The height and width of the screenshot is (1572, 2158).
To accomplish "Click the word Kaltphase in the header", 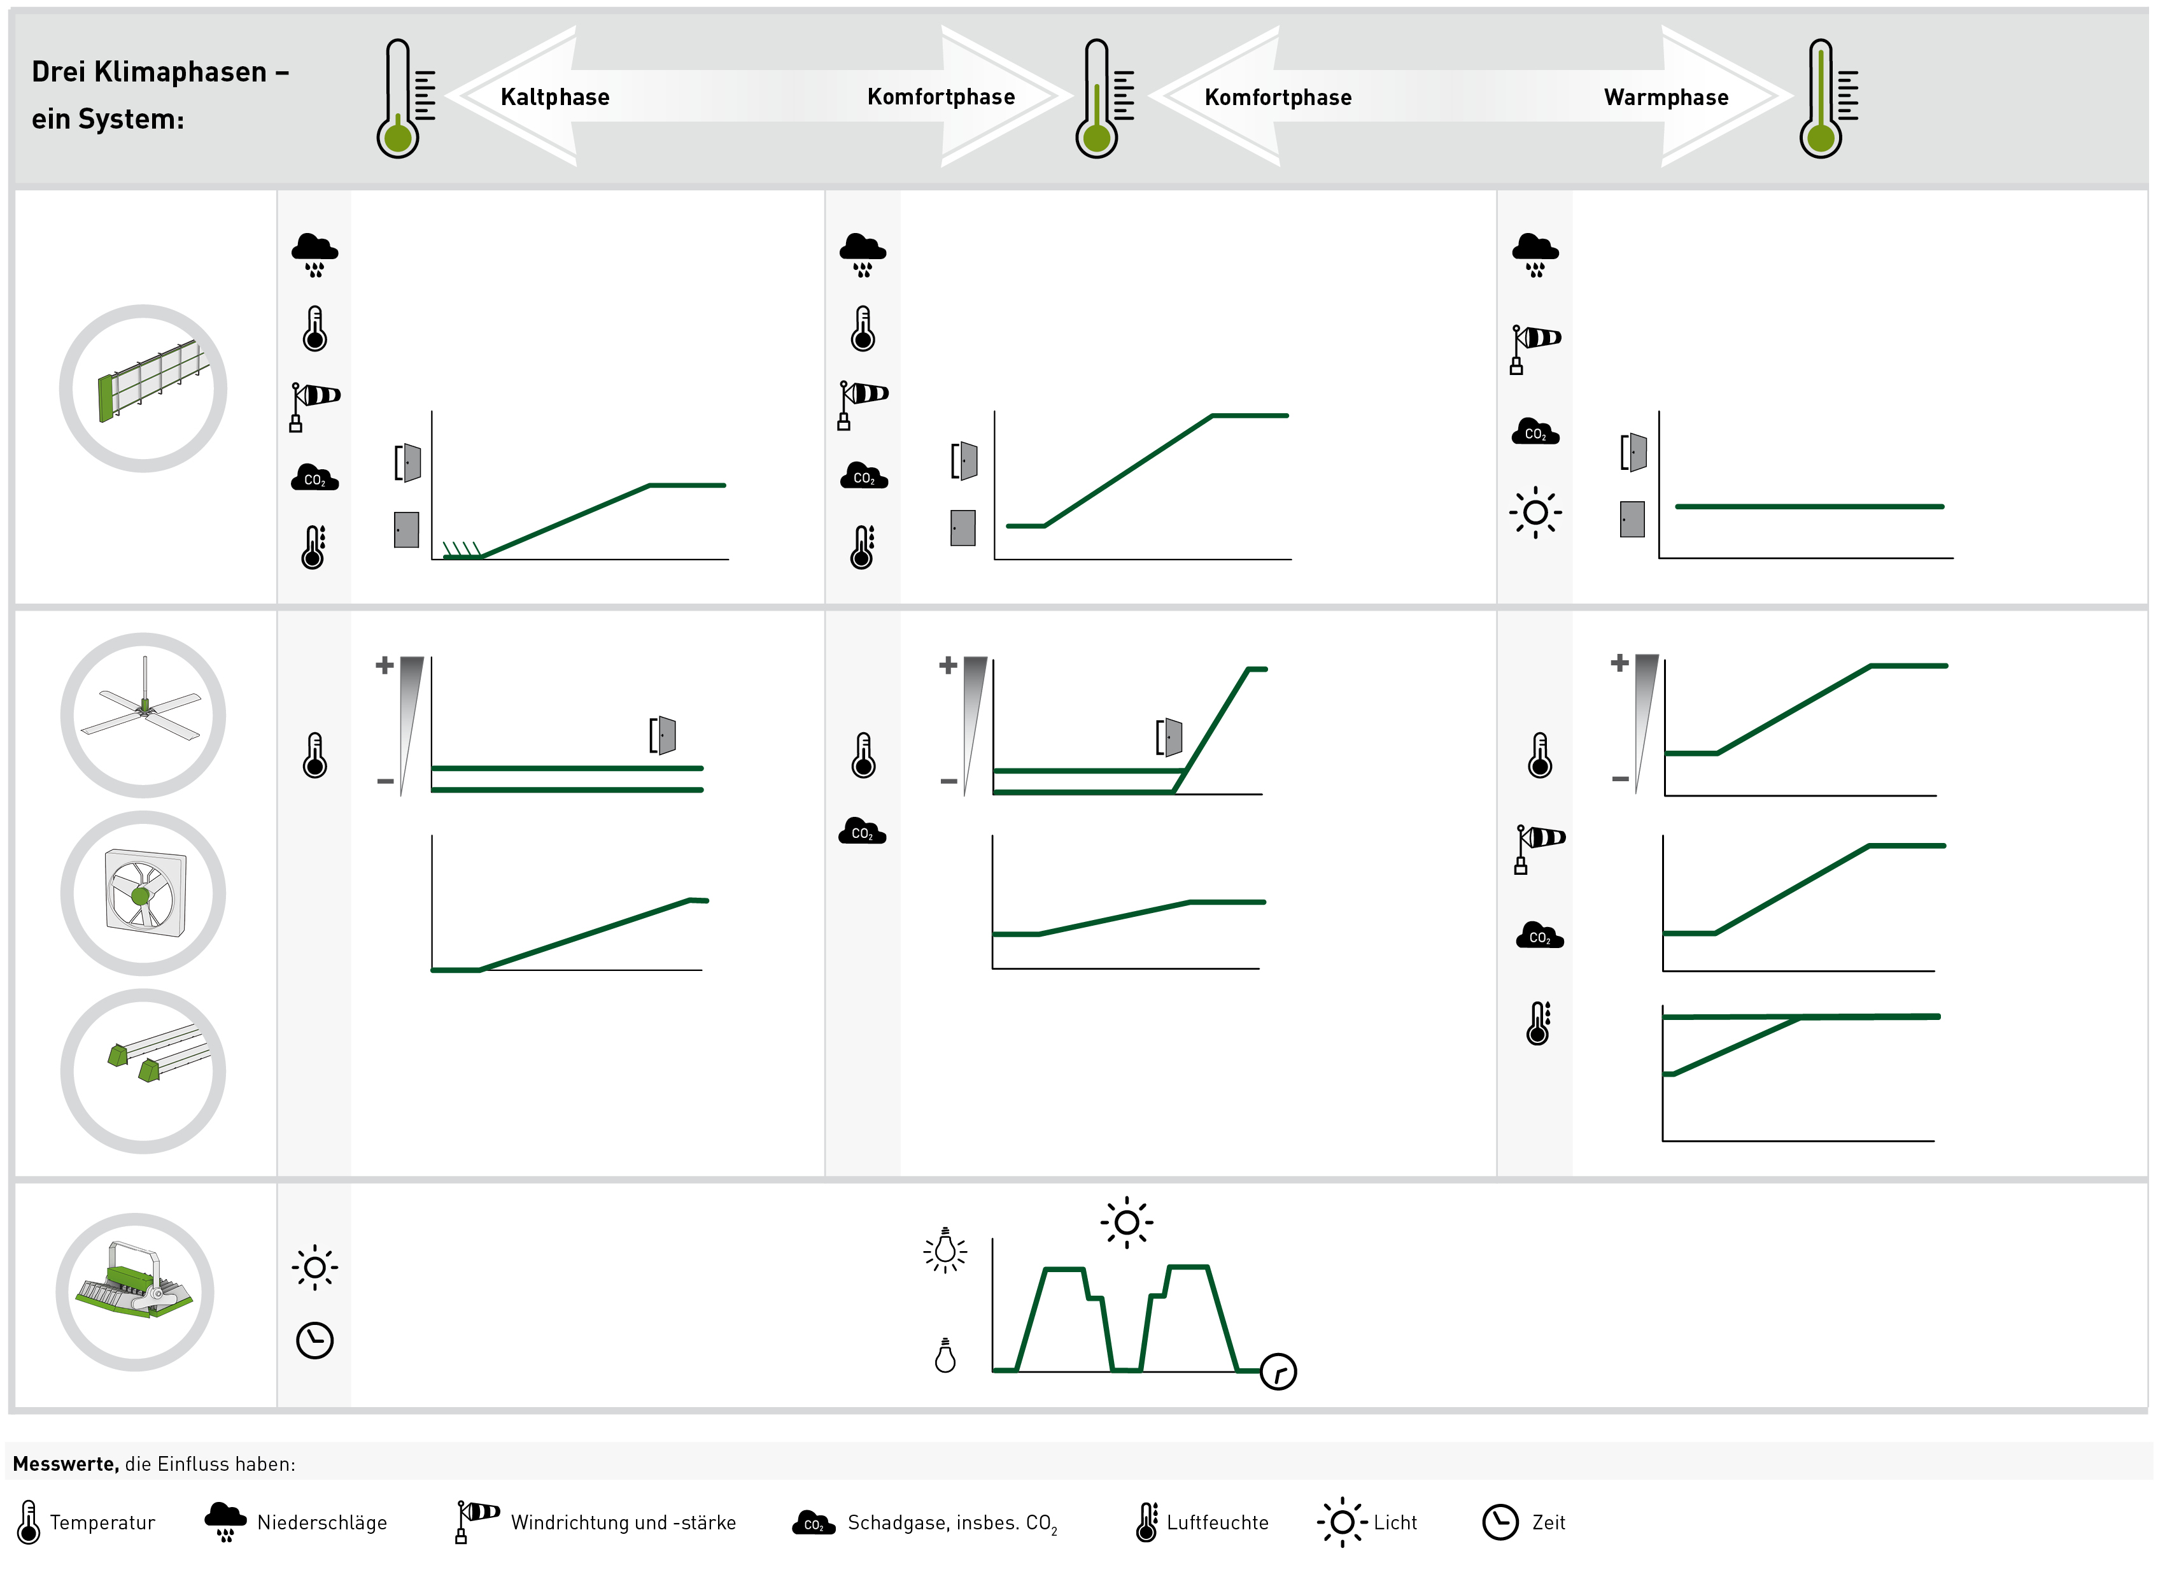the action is pyautogui.click(x=554, y=97).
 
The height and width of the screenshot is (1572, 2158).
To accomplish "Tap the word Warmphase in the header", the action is pyautogui.click(x=1666, y=97).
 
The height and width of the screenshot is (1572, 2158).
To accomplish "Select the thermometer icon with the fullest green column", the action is pyautogui.click(x=1828, y=98).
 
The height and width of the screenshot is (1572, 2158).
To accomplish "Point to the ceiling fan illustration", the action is pyautogui.click(x=143, y=714).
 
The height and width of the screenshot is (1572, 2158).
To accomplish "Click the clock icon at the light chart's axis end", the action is pyautogui.click(x=1278, y=1371).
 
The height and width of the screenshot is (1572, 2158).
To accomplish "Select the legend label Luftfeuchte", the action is pyautogui.click(x=1217, y=1522).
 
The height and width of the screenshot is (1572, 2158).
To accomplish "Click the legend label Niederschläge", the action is pyautogui.click(x=321, y=1522).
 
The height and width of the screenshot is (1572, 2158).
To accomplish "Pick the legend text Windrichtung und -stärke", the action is pyautogui.click(x=623, y=1522).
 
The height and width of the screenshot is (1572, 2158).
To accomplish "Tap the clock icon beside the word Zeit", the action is pyautogui.click(x=1500, y=1522).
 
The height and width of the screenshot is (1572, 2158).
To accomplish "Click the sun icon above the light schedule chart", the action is pyautogui.click(x=1127, y=1222).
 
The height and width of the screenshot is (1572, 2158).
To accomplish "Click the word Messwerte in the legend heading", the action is pyautogui.click(x=66, y=1464).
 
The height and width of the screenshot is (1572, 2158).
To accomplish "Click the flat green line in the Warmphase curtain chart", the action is pyautogui.click(x=1809, y=506).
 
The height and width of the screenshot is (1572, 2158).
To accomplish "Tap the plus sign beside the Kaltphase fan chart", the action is pyautogui.click(x=384, y=665).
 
